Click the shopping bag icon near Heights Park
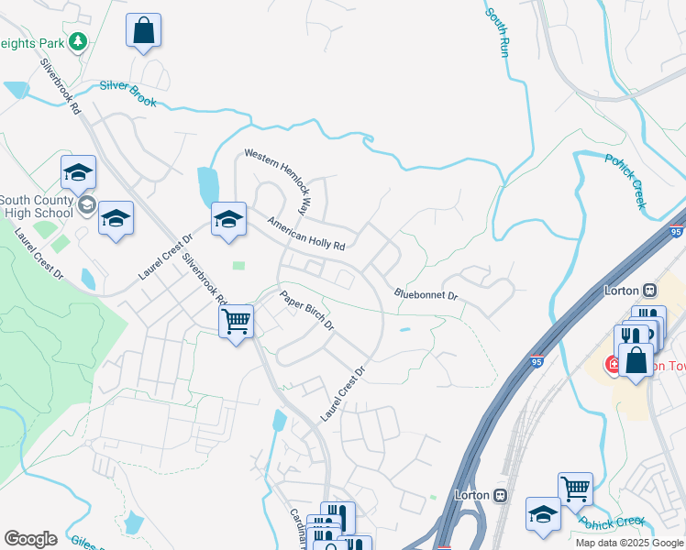coord(143,30)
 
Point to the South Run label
coord(496,33)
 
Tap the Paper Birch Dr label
coord(307,312)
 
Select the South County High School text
coord(37,207)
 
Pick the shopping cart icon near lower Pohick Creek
coord(575,489)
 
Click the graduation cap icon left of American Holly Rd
coord(228,220)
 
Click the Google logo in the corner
coord(30,538)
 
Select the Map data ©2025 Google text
coord(629,543)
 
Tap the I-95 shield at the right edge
coord(677,233)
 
